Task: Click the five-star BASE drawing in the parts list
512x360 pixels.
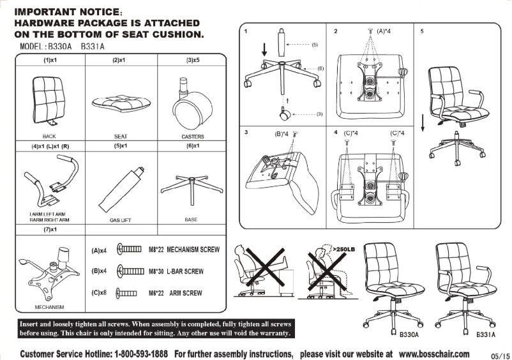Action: point(192,186)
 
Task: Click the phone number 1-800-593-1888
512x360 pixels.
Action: point(141,354)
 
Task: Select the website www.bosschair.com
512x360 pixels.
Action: point(434,354)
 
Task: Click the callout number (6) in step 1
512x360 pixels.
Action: point(320,68)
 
